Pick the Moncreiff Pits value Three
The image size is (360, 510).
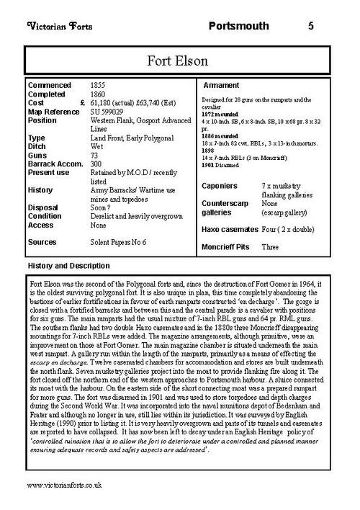270,246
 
